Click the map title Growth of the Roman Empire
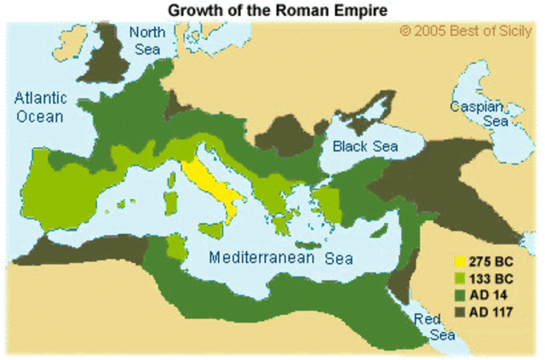pyautogui.click(x=272, y=10)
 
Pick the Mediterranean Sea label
pyautogui.click(x=282, y=257)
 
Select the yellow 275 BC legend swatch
pyautogui.click(x=460, y=262)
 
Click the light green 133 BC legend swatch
pyautogui.click(x=460, y=277)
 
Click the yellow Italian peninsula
pyautogui.click(x=209, y=183)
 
